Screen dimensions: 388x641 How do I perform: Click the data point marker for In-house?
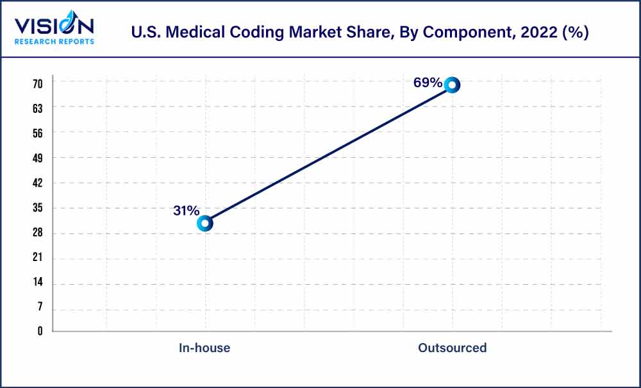(x=204, y=223)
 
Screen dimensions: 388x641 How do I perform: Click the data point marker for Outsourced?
(x=452, y=85)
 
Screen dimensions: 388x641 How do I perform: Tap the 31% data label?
(x=186, y=211)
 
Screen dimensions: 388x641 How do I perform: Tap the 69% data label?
(x=427, y=83)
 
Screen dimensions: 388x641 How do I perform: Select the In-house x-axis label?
(x=204, y=348)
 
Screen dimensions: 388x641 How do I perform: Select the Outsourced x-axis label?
(x=452, y=348)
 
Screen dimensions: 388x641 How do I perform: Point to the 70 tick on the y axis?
(x=38, y=83)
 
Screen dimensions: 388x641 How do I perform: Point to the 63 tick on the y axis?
(x=38, y=108)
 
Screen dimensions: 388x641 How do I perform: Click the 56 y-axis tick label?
(x=38, y=133)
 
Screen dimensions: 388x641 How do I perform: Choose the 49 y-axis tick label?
(x=38, y=158)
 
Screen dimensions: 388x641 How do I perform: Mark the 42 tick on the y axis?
(x=38, y=183)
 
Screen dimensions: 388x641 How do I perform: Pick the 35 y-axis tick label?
(x=38, y=208)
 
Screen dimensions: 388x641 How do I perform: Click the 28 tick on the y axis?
(x=38, y=233)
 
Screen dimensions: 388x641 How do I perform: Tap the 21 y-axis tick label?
(x=38, y=258)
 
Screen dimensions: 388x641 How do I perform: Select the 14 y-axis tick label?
(x=38, y=283)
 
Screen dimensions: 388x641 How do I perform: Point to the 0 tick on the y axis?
(x=40, y=332)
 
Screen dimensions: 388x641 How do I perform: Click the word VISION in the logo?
(x=54, y=26)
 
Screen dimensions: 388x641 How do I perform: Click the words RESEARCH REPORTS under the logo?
(x=54, y=42)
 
